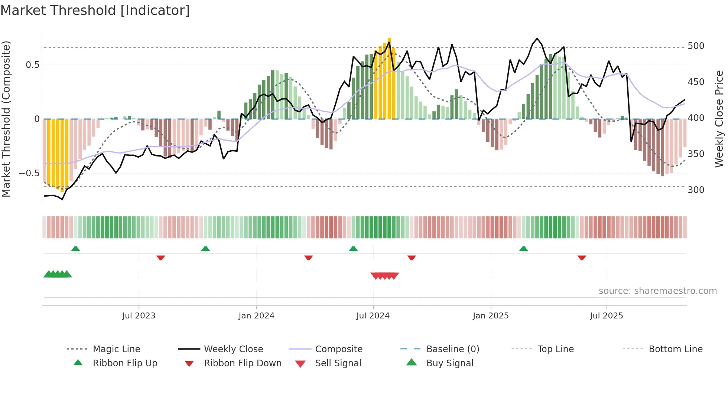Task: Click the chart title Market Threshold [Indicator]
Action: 95,10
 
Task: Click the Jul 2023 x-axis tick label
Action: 139,316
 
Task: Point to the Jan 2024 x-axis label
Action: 256,316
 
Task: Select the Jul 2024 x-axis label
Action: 373,316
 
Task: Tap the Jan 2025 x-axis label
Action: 491,316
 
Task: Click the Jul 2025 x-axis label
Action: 607,316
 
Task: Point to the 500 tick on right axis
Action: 696,46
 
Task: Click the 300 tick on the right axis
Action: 696,190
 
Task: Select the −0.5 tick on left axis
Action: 29,173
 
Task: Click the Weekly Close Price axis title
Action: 719,119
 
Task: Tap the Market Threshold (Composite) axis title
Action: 6,119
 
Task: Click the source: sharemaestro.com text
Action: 657,291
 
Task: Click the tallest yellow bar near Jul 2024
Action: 389,78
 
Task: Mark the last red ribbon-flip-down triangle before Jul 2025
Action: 582,258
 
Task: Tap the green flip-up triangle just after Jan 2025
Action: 523,249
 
